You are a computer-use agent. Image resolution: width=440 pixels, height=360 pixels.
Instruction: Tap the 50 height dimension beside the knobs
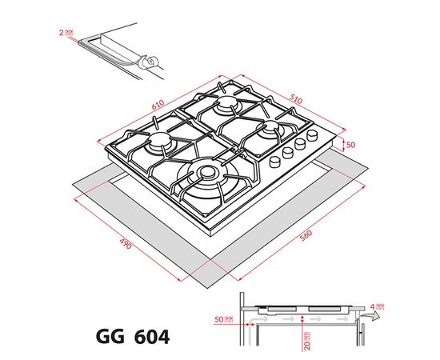click(349, 145)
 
